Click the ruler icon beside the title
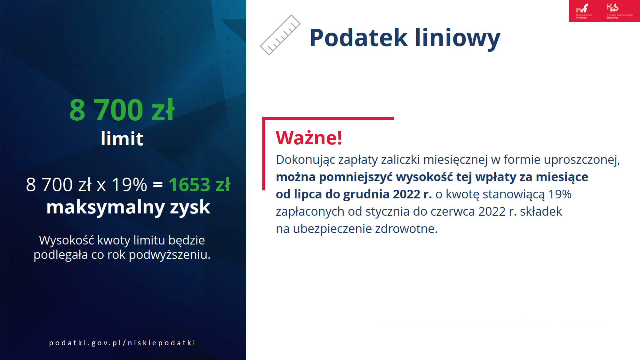tap(280, 35)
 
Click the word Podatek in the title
tap(358, 38)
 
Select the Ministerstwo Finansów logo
tap(584, 11)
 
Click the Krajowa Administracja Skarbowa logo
tap(620, 11)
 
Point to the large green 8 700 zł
tap(122, 110)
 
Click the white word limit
tap(122, 139)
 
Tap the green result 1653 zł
tap(199, 185)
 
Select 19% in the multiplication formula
tap(129, 185)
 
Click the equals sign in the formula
tap(158, 185)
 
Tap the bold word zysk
tap(190, 207)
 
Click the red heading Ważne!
tap(309, 138)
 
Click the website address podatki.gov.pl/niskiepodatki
tap(122, 343)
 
